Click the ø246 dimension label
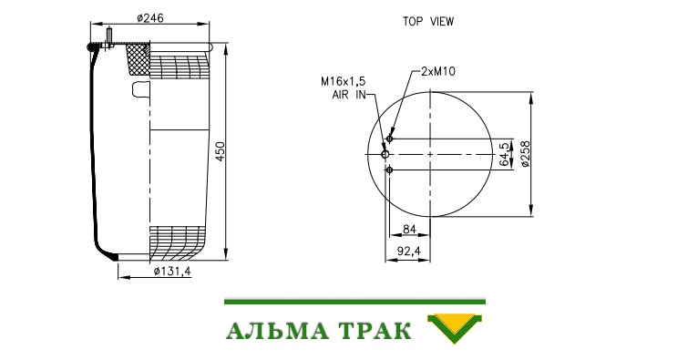point(150,18)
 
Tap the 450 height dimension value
point(221,151)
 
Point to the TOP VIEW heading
point(428,21)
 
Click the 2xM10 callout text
point(438,71)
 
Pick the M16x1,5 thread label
point(343,81)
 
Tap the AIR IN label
point(349,95)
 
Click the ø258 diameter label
point(525,154)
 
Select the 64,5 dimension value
point(504,154)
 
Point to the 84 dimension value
point(409,229)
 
